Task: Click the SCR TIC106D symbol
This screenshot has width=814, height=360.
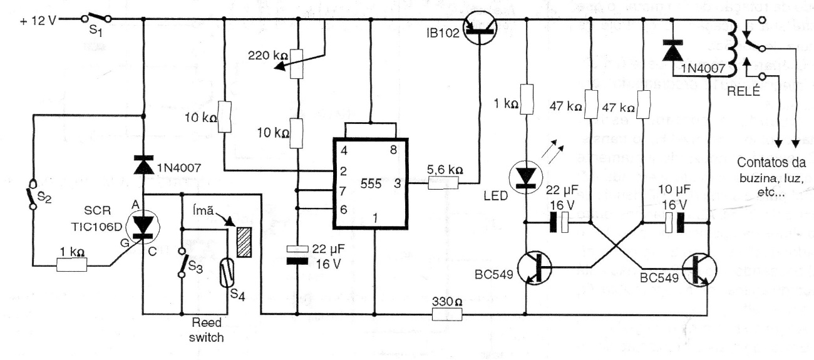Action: (x=143, y=229)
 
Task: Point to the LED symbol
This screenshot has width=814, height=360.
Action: (x=525, y=176)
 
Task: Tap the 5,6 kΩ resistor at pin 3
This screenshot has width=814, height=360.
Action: (x=445, y=183)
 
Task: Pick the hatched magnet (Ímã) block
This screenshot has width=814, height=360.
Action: (x=244, y=239)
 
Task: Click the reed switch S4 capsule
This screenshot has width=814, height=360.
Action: (x=226, y=275)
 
